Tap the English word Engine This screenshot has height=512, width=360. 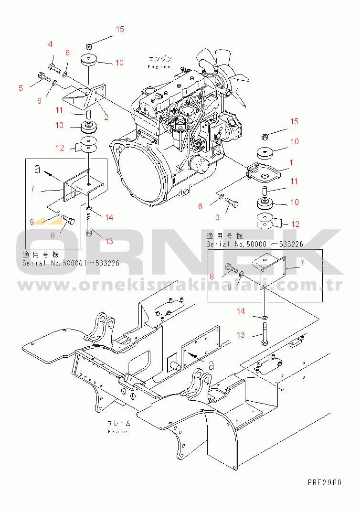tap(159, 67)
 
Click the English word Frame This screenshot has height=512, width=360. tap(117, 432)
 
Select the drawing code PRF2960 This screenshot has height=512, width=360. tap(324, 482)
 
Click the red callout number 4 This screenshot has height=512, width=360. tap(50, 44)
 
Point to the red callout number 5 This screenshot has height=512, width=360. tap(21, 88)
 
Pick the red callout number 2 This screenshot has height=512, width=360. tap(106, 117)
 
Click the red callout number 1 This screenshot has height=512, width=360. tap(291, 162)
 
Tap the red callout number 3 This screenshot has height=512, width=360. tap(217, 217)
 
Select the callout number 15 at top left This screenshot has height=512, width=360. tap(120, 30)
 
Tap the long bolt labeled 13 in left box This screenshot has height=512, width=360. tap(89, 224)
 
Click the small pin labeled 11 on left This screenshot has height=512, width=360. tap(88, 115)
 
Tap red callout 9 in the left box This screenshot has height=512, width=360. tap(32, 223)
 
